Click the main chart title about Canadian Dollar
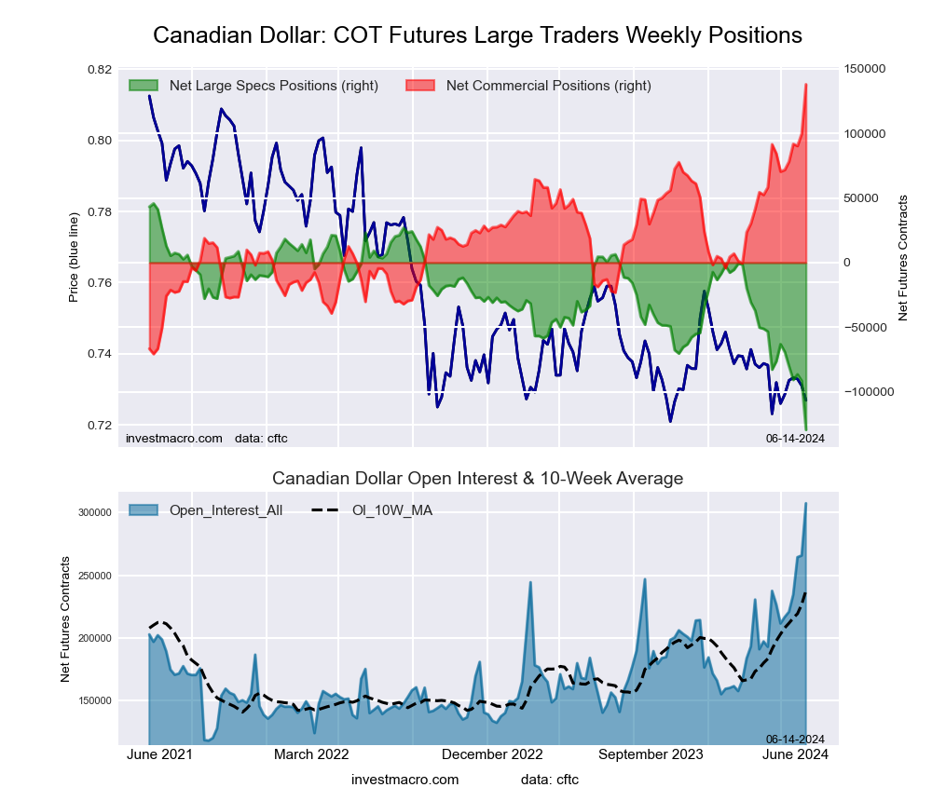point(477,35)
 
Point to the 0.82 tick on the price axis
point(99,70)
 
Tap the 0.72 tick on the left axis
point(99,426)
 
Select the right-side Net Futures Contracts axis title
point(902,258)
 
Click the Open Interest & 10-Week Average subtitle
point(477,479)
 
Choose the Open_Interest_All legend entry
point(226,510)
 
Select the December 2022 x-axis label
point(493,754)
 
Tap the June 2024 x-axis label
point(794,754)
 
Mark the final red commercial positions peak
point(806,85)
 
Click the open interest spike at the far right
point(806,504)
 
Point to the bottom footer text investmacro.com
point(405,780)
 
